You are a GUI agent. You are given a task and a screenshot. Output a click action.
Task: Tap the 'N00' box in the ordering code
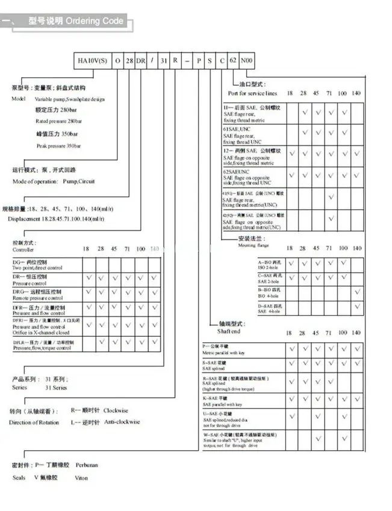pos(247,61)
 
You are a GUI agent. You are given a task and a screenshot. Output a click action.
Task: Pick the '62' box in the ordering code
pos(234,61)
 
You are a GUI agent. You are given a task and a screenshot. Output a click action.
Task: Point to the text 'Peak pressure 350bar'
pos(58,146)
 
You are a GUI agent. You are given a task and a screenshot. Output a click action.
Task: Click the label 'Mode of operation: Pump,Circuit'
pos(54,181)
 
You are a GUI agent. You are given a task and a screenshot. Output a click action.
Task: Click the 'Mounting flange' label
pos(251,246)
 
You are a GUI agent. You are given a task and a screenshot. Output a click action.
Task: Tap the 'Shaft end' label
pos(229,331)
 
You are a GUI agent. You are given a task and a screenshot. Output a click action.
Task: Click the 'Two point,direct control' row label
pos(37,268)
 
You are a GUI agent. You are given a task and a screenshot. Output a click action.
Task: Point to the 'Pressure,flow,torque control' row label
pos(43,348)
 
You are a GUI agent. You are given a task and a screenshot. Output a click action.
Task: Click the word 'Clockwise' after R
pos(116,410)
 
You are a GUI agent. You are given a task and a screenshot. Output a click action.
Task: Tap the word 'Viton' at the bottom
pos(81,478)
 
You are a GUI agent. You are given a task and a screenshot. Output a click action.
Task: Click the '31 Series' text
pos(56,387)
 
